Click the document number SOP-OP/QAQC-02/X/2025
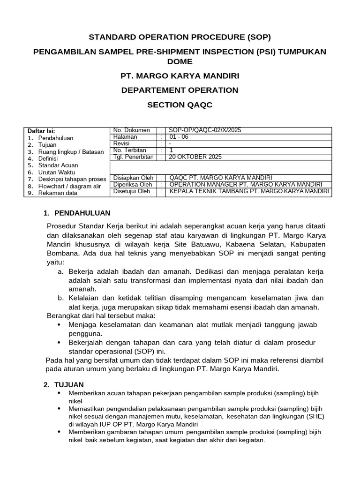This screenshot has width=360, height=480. click(x=205, y=130)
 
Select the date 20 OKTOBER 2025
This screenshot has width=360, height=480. click(x=195, y=157)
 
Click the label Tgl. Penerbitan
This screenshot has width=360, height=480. click(x=134, y=157)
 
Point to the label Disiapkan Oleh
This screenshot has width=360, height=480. click(x=133, y=178)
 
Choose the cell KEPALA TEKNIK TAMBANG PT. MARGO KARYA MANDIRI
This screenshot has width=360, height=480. click(x=249, y=191)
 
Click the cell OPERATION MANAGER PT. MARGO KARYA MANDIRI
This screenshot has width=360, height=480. click(x=246, y=184)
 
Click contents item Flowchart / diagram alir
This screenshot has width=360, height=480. click(x=69, y=186)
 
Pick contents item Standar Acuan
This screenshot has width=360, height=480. click(x=58, y=165)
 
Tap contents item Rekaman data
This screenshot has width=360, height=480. click(x=58, y=193)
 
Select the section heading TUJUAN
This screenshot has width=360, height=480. click(x=69, y=384)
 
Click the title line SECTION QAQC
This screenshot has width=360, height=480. click(x=180, y=105)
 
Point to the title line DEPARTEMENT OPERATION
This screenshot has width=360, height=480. click(x=180, y=90)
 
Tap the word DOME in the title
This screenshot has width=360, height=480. click(x=180, y=61)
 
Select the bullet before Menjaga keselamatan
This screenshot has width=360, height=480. click(x=58, y=324)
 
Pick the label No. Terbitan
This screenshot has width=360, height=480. click(x=130, y=150)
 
